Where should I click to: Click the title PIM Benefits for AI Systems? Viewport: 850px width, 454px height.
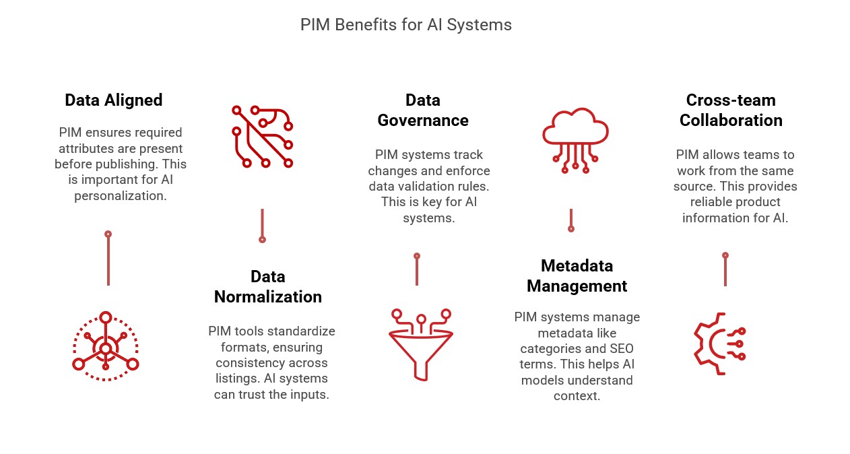405,25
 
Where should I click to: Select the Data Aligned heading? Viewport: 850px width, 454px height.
114,100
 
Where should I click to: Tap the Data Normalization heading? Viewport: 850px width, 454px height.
267,287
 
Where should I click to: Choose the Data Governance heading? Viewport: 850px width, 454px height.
422,110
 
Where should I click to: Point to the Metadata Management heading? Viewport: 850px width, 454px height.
577,275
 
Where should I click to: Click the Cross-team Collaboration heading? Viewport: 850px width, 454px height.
731,110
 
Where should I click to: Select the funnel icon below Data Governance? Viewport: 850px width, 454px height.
421,344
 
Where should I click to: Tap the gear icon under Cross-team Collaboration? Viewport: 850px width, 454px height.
718,344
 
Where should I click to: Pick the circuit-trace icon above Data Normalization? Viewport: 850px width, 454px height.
262,136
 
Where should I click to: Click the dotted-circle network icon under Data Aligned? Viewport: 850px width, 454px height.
106,347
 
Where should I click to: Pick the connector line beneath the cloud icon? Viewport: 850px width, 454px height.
570,220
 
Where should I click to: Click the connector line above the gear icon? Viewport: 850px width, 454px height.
725,271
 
